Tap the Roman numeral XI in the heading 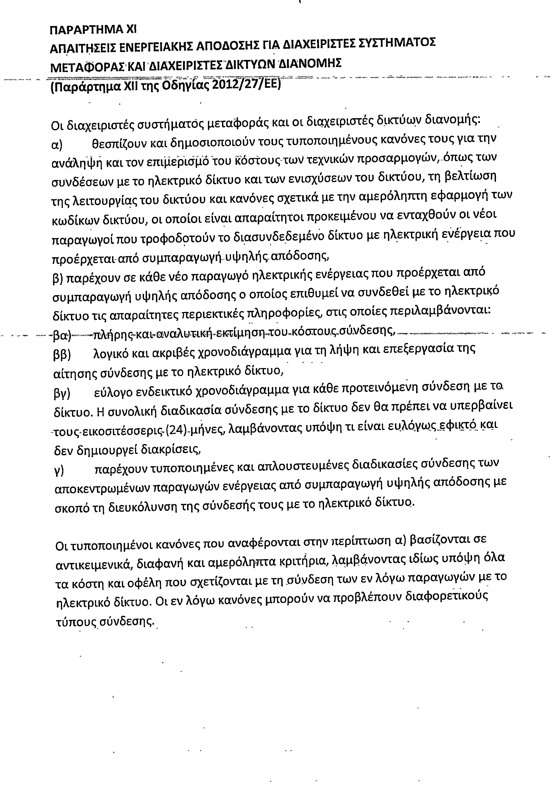coord(131,30)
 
